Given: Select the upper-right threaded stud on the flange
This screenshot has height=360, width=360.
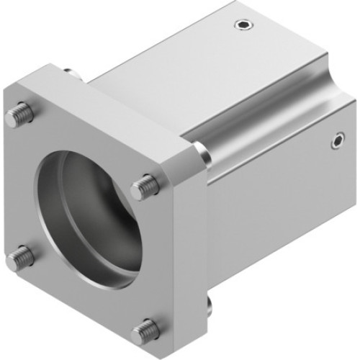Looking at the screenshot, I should coord(145,187).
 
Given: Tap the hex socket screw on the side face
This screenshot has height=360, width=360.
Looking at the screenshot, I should coord(336,142).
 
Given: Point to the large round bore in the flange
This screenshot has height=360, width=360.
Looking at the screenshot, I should coord(86,216).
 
